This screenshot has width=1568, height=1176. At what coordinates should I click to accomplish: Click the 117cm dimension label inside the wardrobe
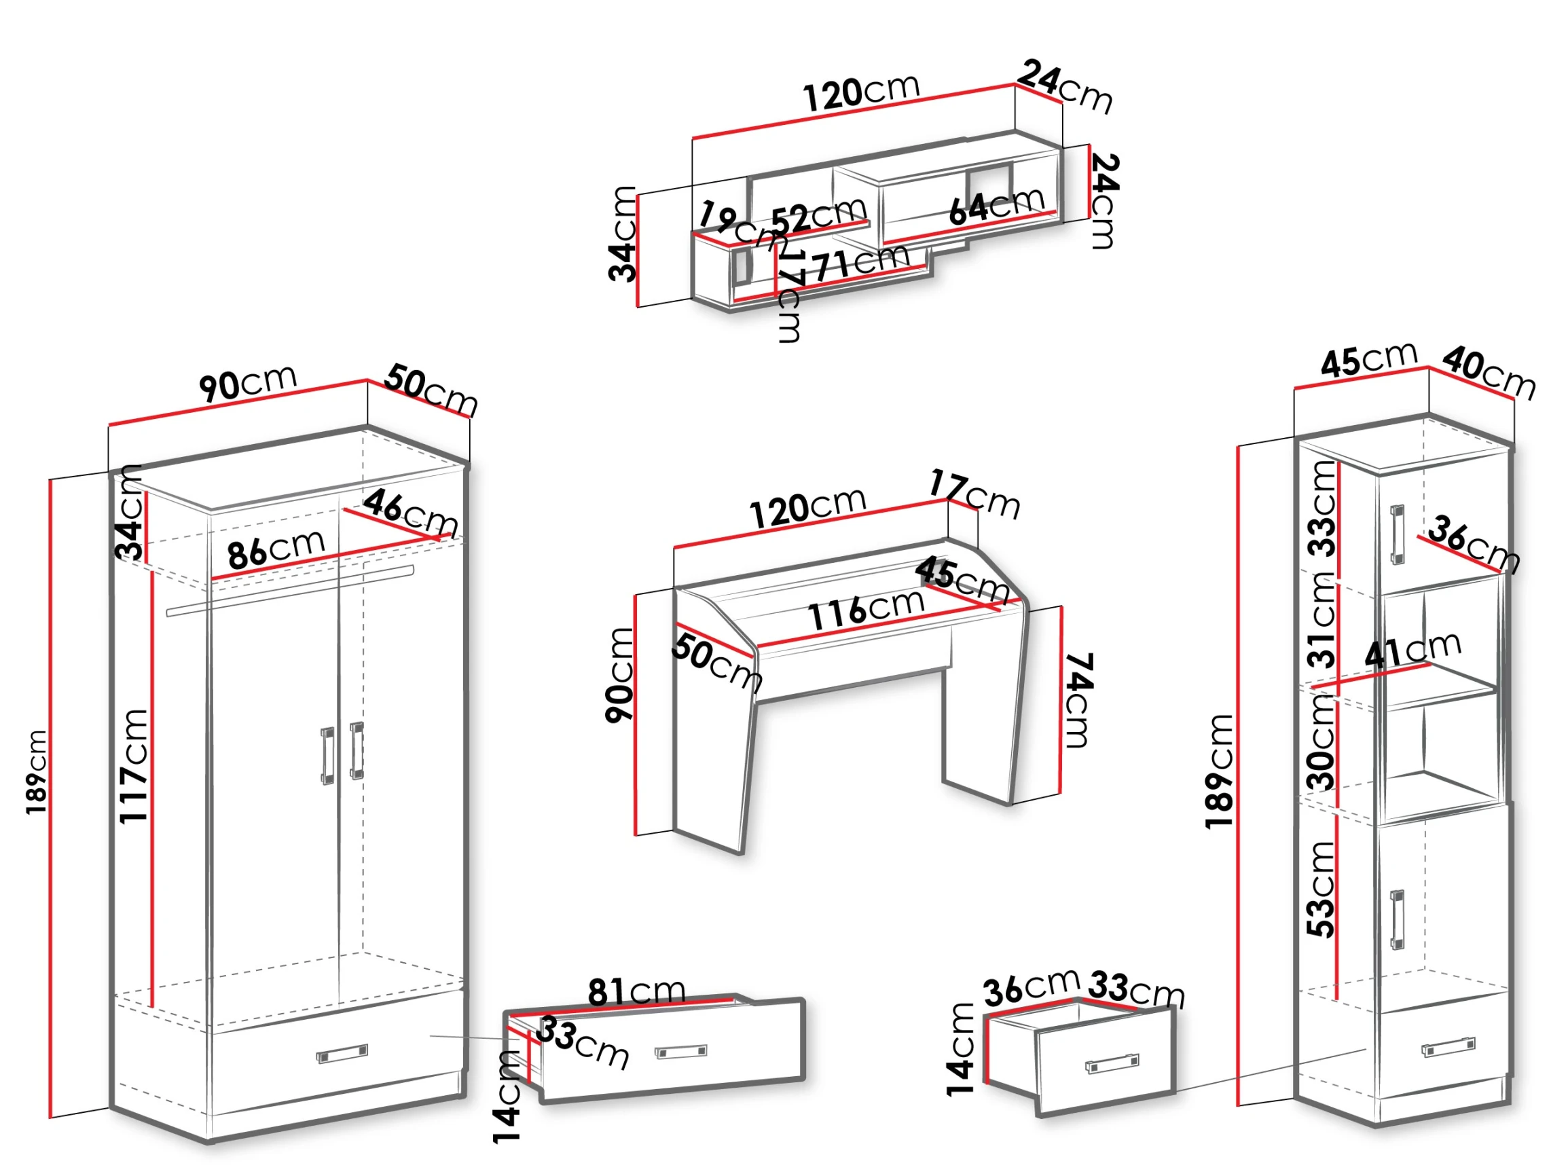click(x=133, y=766)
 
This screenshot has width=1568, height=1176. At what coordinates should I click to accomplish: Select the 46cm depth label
click(x=410, y=513)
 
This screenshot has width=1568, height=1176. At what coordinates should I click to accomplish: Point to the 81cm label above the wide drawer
click(x=636, y=992)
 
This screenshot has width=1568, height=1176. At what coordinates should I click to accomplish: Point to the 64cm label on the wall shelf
click(x=997, y=206)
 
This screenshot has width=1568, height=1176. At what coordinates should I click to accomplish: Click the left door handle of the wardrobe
click(x=327, y=756)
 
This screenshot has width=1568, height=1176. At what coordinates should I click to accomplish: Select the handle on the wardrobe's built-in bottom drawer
click(x=342, y=1054)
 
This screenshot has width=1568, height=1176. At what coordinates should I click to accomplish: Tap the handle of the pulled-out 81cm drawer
click(x=680, y=1052)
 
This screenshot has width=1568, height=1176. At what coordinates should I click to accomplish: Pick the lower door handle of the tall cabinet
click(x=1396, y=919)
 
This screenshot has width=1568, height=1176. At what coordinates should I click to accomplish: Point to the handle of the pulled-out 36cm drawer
click(x=1112, y=1063)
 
